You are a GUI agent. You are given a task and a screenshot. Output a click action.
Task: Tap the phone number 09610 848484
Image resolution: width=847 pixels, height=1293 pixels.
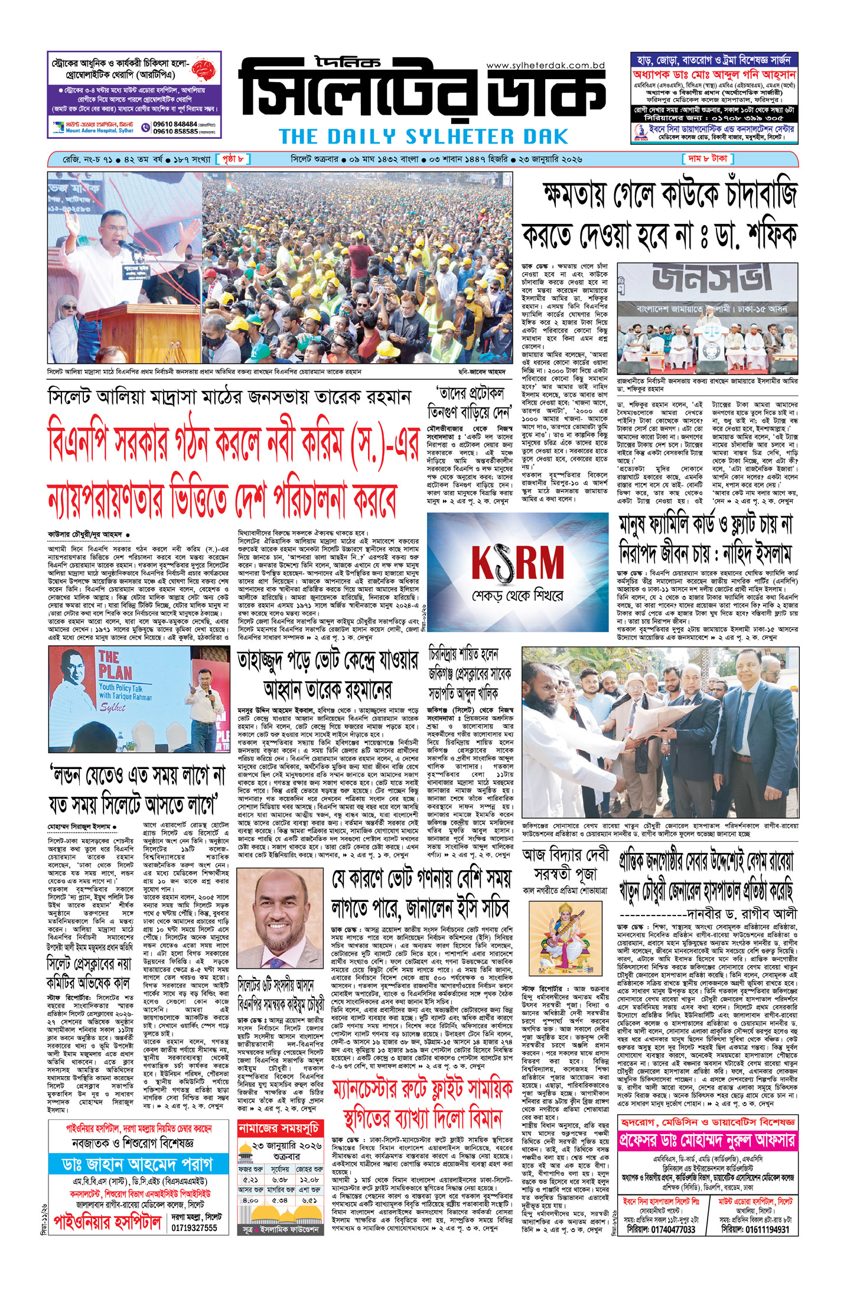175,124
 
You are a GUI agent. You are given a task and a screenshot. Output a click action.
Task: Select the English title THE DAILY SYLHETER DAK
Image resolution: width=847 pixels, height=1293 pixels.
423,137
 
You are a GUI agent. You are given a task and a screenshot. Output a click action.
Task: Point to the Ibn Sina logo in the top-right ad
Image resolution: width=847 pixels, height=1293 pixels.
639,134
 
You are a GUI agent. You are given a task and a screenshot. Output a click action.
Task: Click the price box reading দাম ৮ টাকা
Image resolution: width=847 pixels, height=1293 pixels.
708,159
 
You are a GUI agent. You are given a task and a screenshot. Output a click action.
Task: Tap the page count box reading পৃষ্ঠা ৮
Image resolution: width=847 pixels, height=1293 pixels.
233,159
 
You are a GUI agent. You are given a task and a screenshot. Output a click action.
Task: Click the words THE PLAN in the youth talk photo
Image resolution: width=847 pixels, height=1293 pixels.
115,665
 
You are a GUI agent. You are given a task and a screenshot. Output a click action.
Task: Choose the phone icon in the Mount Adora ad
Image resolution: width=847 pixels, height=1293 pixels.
145,128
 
